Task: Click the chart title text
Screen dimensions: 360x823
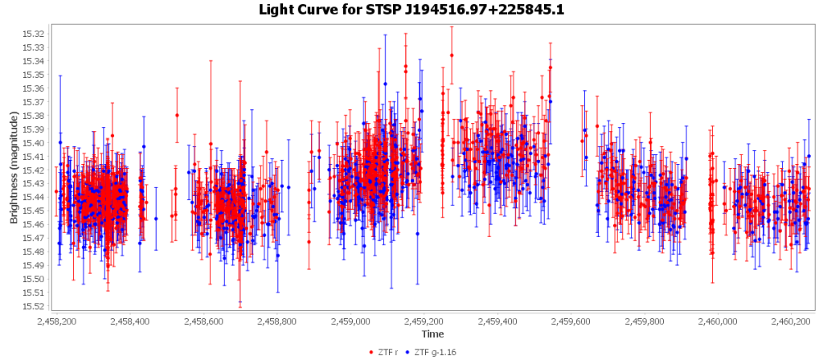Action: coord(411,10)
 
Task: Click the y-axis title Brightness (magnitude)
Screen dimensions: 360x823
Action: coord(14,167)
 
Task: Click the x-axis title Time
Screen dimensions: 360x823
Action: coord(432,333)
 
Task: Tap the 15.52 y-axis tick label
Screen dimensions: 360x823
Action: coord(34,306)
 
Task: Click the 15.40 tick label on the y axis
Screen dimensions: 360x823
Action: coord(34,143)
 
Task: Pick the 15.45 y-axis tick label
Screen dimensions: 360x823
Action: coord(34,211)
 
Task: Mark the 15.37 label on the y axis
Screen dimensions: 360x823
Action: coord(34,102)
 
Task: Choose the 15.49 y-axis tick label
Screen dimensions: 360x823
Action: coord(34,265)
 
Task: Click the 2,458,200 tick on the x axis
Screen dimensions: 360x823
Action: coord(57,321)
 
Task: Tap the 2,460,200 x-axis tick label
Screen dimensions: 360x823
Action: coord(791,321)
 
